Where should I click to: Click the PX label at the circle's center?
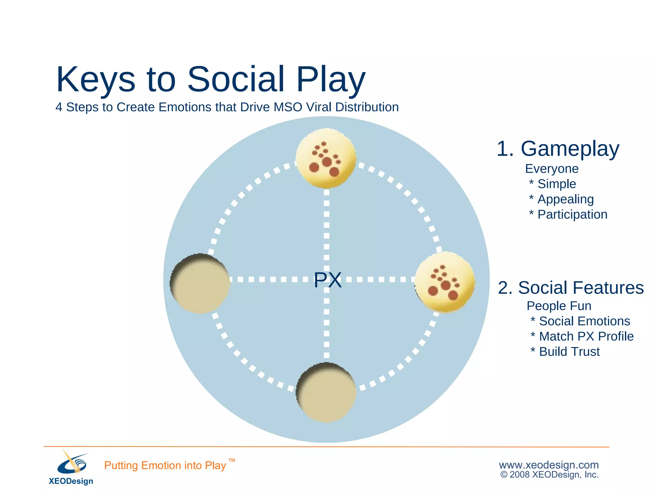tap(327, 280)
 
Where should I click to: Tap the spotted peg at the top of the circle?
tap(325, 158)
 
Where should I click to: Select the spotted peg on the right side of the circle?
tap(445, 282)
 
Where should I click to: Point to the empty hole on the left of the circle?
tap(200, 284)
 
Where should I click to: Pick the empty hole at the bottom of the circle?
tap(326, 393)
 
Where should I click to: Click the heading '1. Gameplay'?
tap(558, 149)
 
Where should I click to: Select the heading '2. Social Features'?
tap(571, 288)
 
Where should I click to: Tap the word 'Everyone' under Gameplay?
tap(552, 169)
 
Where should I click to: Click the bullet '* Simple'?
tap(553, 184)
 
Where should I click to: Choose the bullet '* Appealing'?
tap(561, 199)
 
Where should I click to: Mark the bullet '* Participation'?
tap(568, 215)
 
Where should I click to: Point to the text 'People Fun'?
tap(559, 306)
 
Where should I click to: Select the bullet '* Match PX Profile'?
tap(582, 337)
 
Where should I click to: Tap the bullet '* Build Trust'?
tap(565, 352)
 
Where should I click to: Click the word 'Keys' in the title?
tap(96, 79)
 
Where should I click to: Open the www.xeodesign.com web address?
tap(549, 465)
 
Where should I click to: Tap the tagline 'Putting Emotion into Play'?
tap(165, 465)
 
